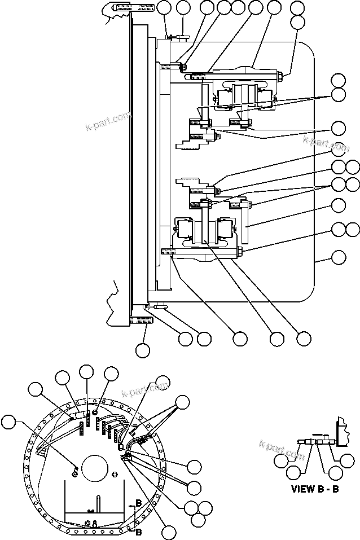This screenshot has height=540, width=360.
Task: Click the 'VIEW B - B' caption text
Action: tap(315, 488)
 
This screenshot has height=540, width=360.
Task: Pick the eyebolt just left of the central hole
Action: tap(74, 468)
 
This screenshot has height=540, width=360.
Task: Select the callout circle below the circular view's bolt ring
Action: tap(168, 530)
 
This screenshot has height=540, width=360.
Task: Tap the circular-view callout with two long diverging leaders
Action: tap(182, 402)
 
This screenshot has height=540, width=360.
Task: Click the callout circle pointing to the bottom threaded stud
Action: tap(142, 350)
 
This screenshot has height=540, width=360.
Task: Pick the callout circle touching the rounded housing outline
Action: tap(338, 258)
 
